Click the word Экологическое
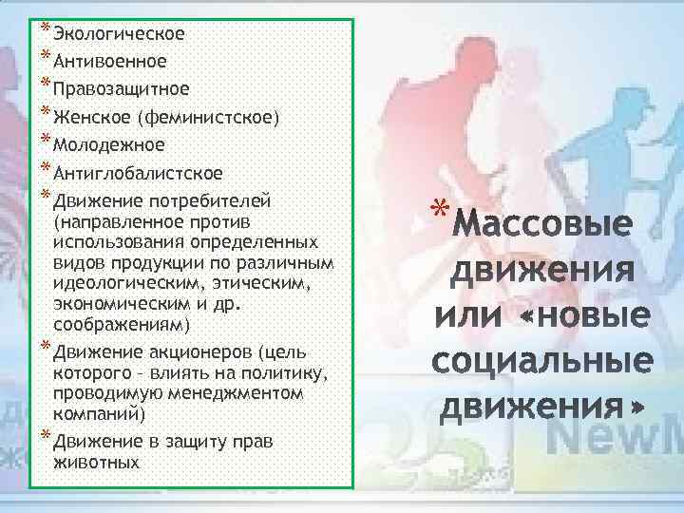click(x=119, y=34)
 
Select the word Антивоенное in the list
click(x=110, y=62)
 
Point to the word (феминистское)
click(x=208, y=118)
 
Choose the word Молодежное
click(x=109, y=145)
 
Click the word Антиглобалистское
click(x=139, y=173)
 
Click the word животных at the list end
click(x=97, y=463)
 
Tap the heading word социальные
click(x=542, y=362)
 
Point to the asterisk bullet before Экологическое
click(x=46, y=28)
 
